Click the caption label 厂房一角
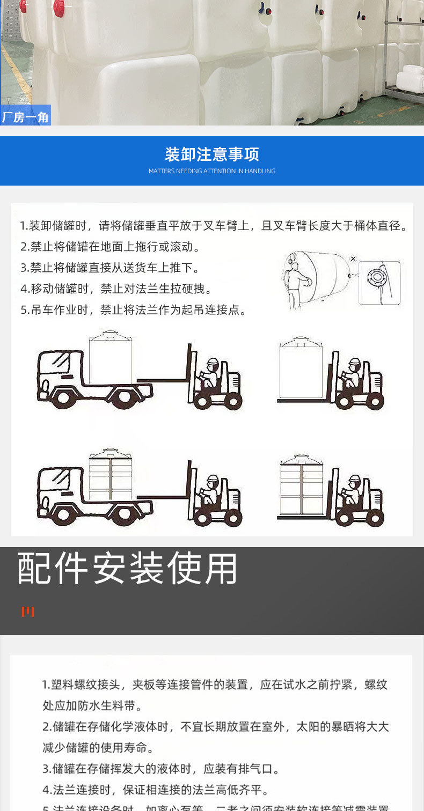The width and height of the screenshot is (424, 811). tap(25, 116)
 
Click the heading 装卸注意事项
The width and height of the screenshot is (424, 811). tap(212, 154)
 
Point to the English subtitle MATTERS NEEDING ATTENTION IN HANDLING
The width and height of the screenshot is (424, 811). tap(212, 171)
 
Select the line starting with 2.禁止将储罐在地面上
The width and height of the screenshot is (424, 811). tap(110, 247)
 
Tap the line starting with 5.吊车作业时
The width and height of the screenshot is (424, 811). tap(133, 310)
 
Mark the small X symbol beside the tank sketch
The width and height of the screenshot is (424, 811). tap(353, 259)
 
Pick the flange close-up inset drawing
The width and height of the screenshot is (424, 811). tap(379, 283)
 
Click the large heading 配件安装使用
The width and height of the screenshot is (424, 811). tap(127, 568)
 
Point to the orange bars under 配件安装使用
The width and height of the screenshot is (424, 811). tap(28, 611)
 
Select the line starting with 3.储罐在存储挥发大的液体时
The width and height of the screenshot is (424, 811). tap(161, 769)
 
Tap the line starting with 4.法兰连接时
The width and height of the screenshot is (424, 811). tap(156, 790)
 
